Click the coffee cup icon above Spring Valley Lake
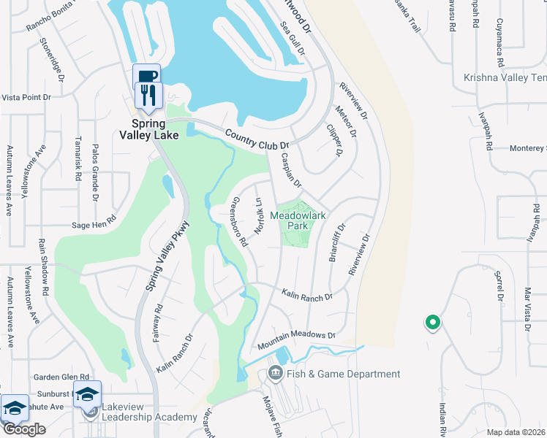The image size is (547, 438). point(146,75)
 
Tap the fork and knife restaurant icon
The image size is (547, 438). point(146,95)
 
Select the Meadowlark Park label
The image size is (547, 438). point(297,220)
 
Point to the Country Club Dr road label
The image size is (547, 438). point(257,139)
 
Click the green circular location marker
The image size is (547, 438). point(432,321)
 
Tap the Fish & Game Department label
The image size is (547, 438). point(344,374)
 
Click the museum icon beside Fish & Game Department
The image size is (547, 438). point(275,374)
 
